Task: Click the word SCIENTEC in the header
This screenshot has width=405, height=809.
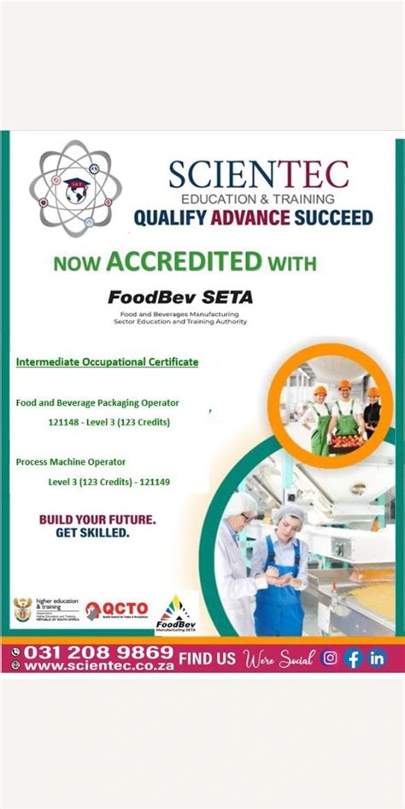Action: click(258, 174)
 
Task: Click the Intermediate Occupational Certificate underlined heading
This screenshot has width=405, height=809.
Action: click(107, 362)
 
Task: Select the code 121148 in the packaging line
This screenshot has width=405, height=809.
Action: click(65, 423)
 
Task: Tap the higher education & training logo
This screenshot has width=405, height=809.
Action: click(43, 610)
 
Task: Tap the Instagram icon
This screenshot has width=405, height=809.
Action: click(328, 659)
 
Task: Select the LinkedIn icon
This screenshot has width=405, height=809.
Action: click(376, 659)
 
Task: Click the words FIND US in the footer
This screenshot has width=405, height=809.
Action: click(208, 659)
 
